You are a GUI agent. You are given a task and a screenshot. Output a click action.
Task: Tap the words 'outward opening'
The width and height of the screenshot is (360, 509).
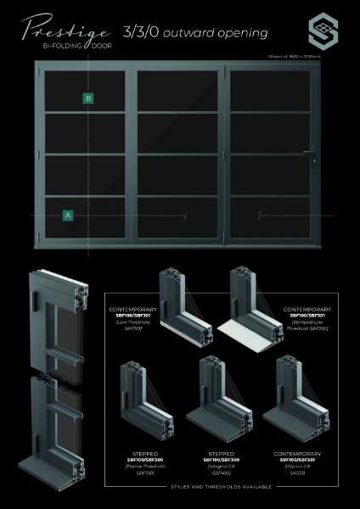[x=217, y=33]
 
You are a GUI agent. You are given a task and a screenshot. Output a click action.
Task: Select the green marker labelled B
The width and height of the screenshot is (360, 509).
[x=88, y=99]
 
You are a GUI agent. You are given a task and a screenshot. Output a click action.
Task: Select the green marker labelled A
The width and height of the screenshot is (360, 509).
[x=67, y=215]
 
